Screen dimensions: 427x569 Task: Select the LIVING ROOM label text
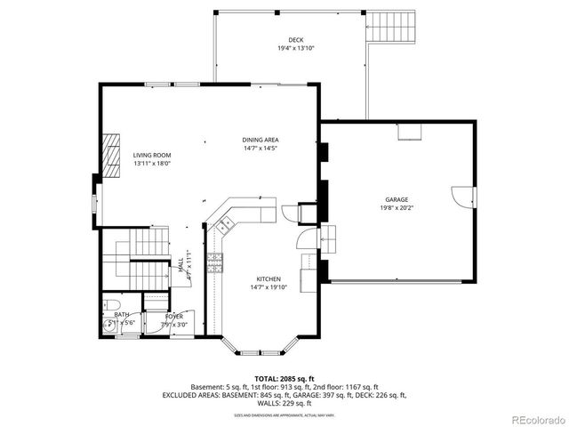(151, 155)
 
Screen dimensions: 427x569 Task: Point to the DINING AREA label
(260, 141)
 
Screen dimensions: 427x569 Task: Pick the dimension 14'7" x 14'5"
(260, 149)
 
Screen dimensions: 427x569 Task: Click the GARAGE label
(397, 199)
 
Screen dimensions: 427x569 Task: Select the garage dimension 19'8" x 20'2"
(397, 208)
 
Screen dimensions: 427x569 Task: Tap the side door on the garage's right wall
(462, 196)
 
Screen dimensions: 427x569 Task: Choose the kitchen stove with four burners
(214, 262)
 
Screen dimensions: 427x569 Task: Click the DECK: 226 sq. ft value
(382, 394)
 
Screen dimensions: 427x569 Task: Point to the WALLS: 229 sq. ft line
(284, 402)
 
